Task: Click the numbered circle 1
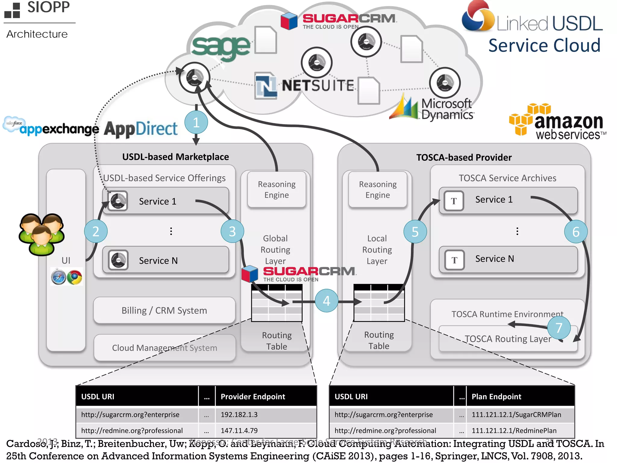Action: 196,122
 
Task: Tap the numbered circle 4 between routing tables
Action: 326,301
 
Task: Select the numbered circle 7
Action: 559,327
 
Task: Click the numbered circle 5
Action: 415,231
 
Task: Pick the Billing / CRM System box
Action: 164,310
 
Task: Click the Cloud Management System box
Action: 164,348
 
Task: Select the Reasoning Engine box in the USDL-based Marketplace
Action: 277,189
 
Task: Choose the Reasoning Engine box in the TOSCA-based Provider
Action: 377,189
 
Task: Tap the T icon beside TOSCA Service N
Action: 454,260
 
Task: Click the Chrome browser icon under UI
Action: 74,277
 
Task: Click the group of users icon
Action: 42,234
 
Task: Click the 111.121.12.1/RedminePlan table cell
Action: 520,430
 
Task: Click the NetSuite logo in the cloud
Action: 304,86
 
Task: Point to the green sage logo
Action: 221,47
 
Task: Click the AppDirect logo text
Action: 141,129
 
